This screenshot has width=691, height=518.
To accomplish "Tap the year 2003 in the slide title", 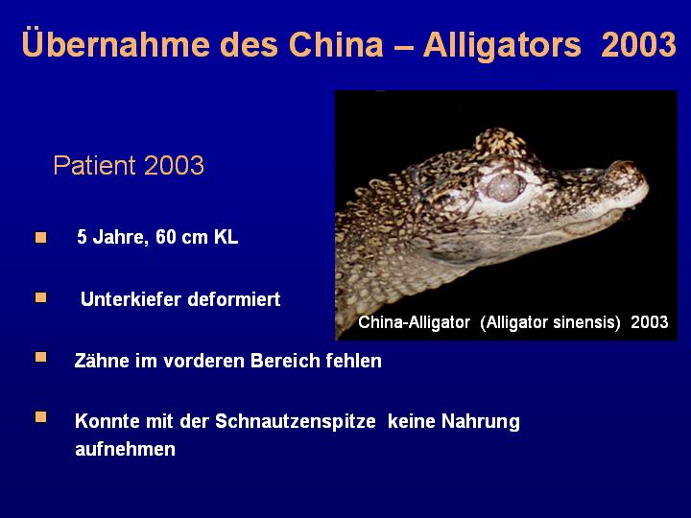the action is click(638, 44).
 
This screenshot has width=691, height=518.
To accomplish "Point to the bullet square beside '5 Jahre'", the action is click(41, 238).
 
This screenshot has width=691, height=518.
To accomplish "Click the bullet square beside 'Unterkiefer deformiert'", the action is click(41, 298).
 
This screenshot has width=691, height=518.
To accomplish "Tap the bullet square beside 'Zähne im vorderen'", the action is click(41, 357).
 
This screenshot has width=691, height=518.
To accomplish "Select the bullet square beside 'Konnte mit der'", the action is click(41, 417).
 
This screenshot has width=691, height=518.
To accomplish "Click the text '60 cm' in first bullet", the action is click(181, 237).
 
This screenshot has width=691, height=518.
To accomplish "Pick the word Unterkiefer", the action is click(131, 299).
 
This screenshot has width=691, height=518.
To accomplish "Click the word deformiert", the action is click(234, 299).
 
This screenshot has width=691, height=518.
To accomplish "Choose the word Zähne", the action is click(102, 361).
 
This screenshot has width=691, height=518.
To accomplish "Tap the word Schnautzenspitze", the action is click(296, 421).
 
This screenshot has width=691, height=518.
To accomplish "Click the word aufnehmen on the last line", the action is click(125, 449).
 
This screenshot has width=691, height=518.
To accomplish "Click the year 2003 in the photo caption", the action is click(649, 322).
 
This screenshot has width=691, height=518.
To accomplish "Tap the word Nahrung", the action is click(481, 421).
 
